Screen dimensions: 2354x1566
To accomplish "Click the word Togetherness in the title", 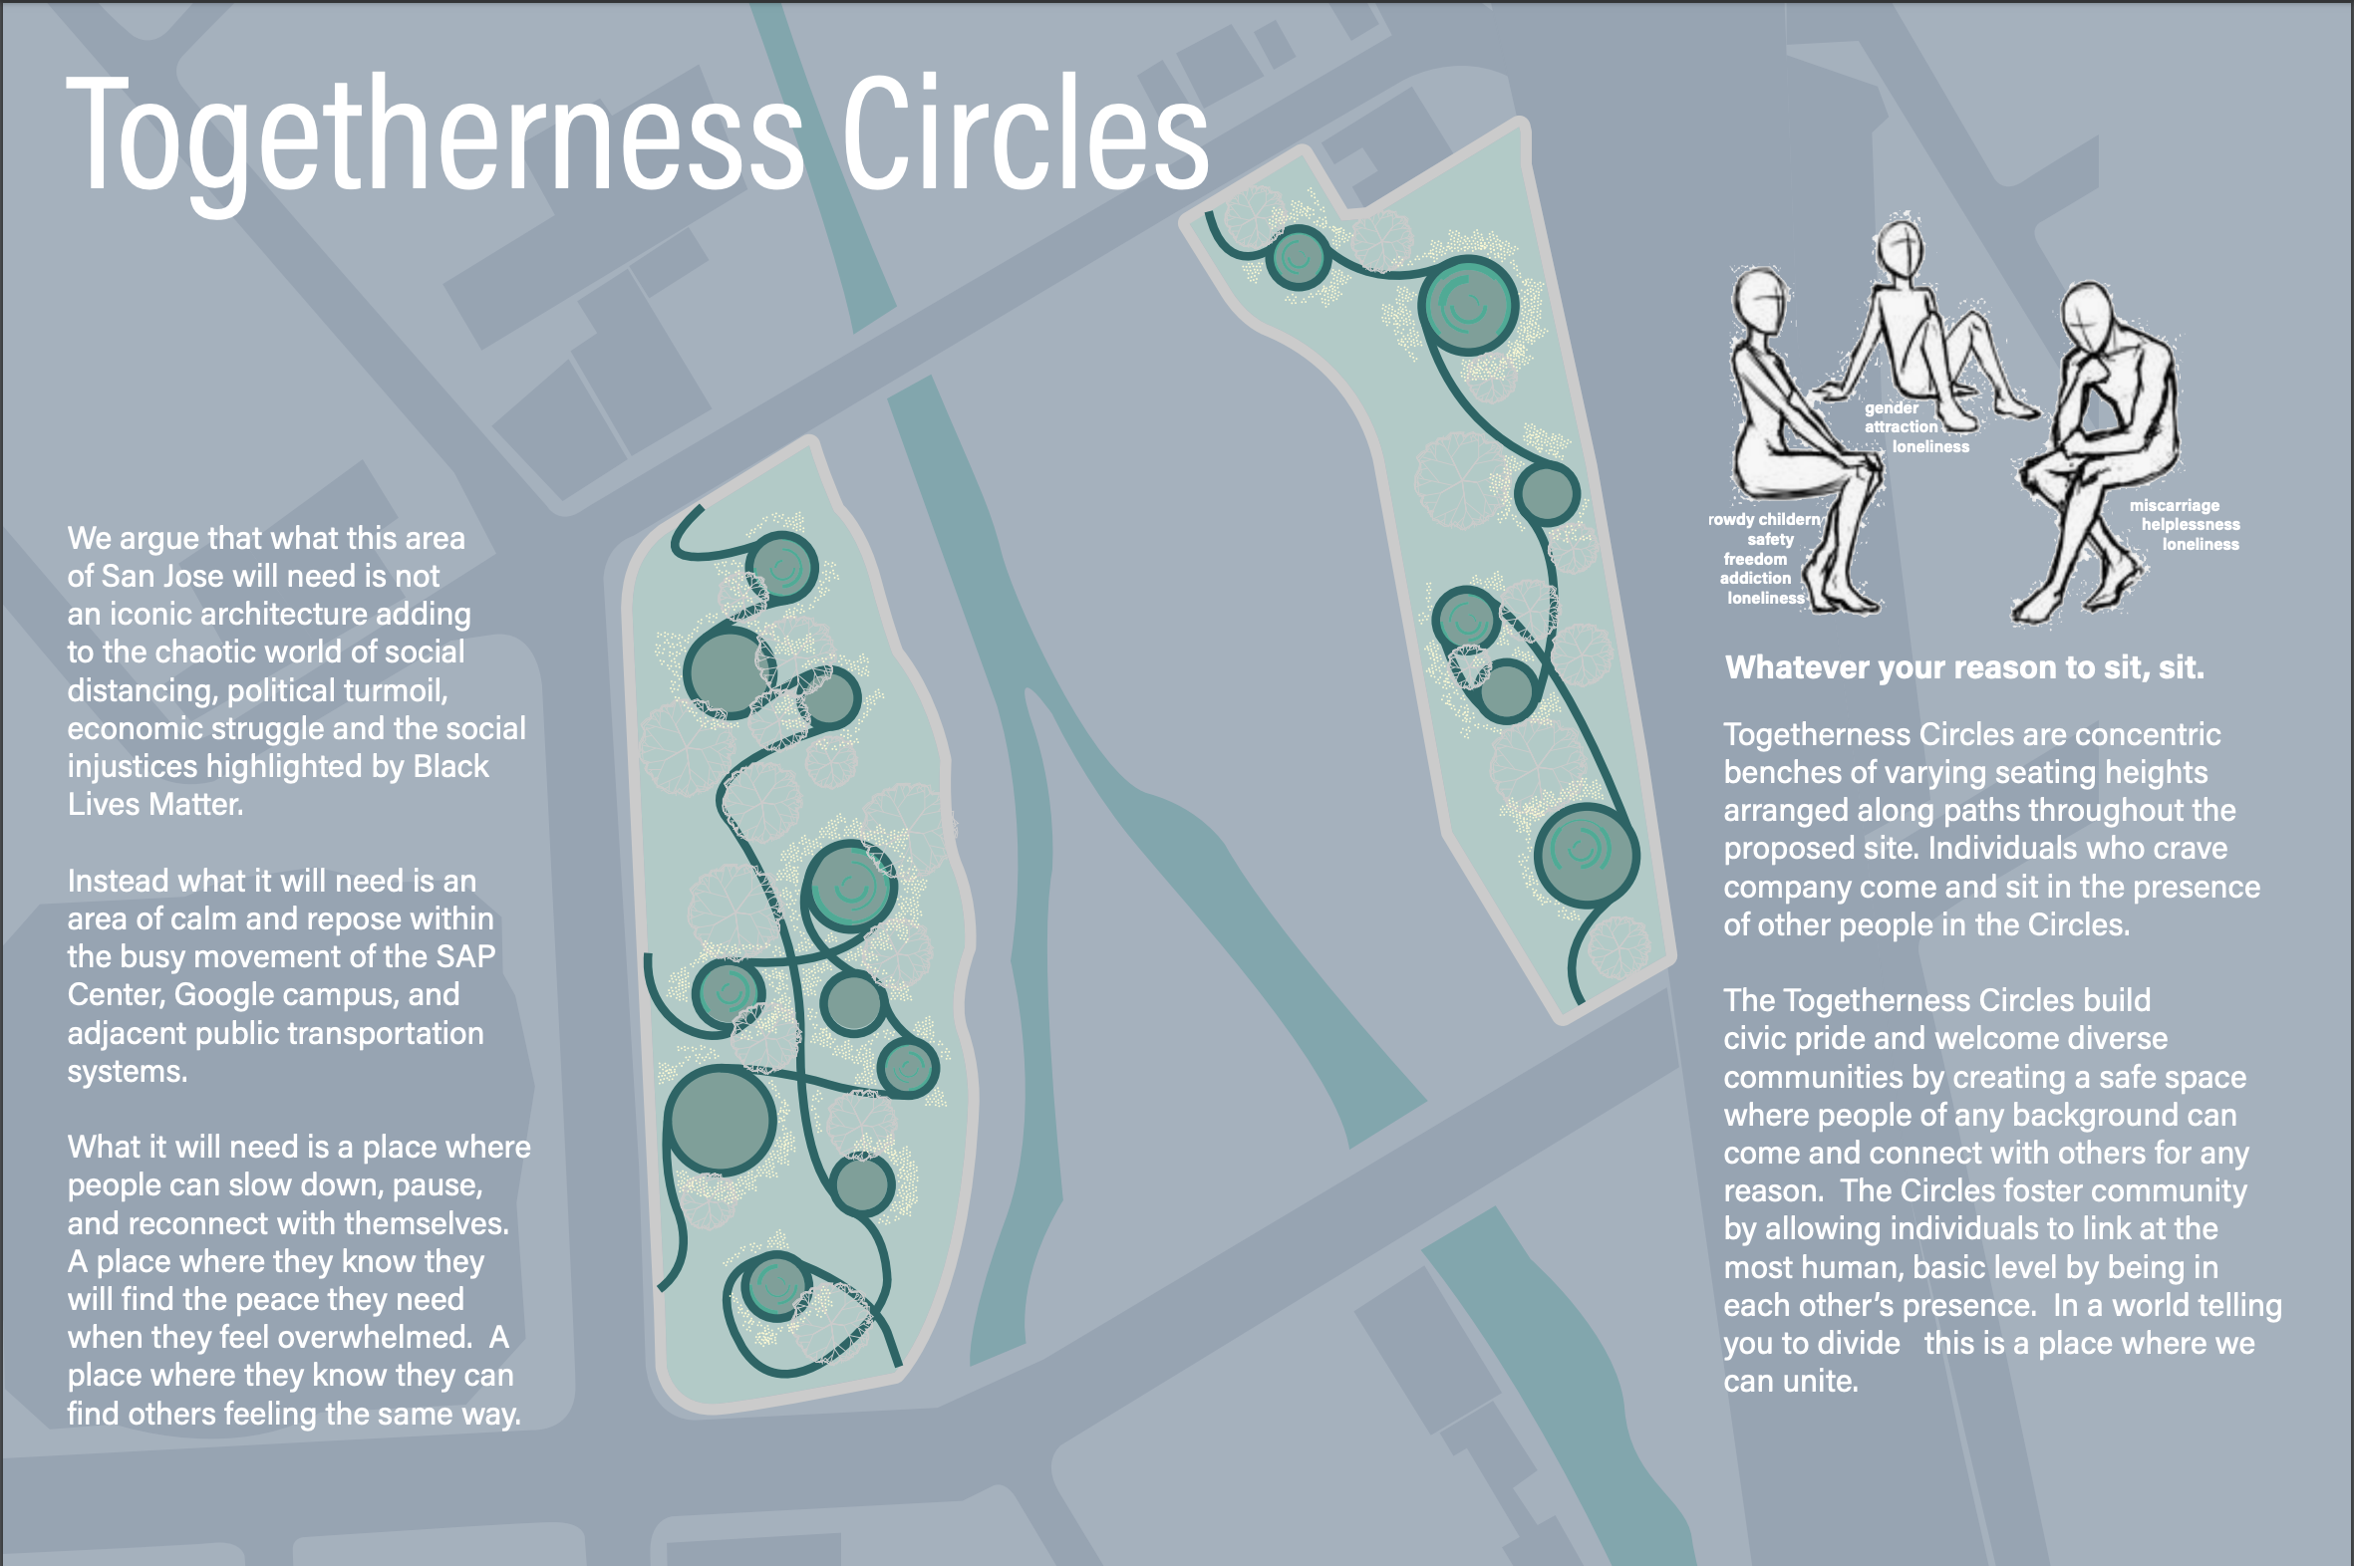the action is (435, 139).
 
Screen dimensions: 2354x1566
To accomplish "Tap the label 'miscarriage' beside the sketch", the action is (2175, 505).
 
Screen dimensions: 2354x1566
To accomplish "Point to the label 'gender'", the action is (1892, 408).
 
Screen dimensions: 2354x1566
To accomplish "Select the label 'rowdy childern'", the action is (1764, 519).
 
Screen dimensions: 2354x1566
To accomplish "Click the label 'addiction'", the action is (1755, 578).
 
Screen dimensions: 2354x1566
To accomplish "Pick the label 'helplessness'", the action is (2191, 524).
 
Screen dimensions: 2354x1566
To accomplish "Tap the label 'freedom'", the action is (1755, 559).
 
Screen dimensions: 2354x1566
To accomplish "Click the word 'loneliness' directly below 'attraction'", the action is (1930, 446).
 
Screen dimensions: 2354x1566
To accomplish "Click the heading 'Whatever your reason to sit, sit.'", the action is (1964, 667).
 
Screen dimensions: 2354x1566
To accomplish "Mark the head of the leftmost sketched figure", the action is (1760, 304).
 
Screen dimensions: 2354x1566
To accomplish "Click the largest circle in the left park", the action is (722, 1122).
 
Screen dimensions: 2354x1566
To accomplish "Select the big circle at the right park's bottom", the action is (1587, 855).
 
